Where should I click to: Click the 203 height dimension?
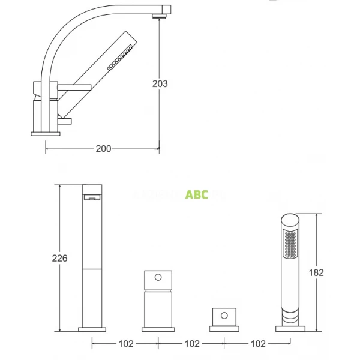pyautogui.click(x=160, y=83)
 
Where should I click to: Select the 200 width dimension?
pyautogui.click(x=103, y=149)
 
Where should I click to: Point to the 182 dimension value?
pyautogui.click(x=316, y=272)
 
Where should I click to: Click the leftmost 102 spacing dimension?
pyautogui.click(x=124, y=344)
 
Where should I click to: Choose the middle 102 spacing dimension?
pyautogui.click(x=191, y=344)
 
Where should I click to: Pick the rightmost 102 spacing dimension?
pyautogui.click(x=257, y=344)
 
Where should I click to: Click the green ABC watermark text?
pyautogui.click(x=197, y=194)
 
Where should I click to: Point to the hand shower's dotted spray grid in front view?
pyautogui.click(x=290, y=246)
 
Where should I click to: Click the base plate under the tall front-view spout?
pyautogui.click(x=92, y=329)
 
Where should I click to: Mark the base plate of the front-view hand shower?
pyautogui.click(x=290, y=328)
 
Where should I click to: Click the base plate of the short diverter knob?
pyautogui.click(x=224, y=328)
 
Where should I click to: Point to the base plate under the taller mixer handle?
pyautogui.click(x=158, y=329)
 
